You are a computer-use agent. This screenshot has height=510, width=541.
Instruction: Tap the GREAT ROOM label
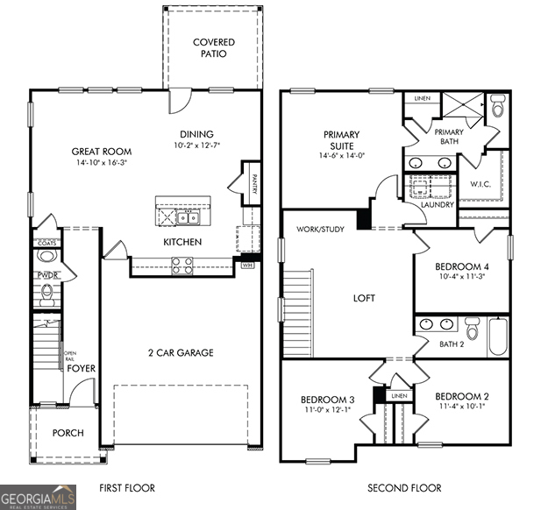click(x=102, y=152)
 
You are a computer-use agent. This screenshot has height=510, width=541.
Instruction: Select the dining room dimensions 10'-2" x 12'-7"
click(x=196, y=145)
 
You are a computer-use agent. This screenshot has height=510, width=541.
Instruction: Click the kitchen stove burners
click(x=182, y=266)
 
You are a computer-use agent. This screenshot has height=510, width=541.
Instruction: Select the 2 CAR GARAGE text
click(x=181, y=353)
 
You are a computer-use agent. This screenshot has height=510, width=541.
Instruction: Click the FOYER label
click(x=82, y=369)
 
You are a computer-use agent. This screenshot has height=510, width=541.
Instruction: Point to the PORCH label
click(x=68, y=432)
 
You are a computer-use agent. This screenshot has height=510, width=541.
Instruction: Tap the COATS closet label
click(x=46, y=243)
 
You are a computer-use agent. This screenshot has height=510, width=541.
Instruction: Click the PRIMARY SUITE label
click(x=341, y=140)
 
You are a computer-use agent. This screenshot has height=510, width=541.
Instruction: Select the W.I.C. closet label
click(x=480, y=184)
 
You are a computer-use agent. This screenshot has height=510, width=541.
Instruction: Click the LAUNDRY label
click(x=438, y=205)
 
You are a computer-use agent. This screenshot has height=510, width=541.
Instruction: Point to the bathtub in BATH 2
click(x=498, y=336)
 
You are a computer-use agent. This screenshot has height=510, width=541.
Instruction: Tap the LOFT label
click(x=364, y=298)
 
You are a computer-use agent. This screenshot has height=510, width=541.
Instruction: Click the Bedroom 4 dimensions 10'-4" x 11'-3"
click(x=461, y=277)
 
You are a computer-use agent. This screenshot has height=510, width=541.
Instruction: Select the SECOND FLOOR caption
click(x=404, y=488)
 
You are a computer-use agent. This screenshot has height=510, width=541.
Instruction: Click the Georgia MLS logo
click(x=39, y=496)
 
